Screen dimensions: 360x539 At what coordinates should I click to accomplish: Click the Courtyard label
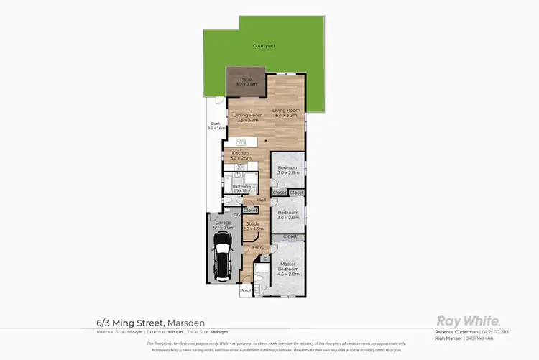click(264, 45)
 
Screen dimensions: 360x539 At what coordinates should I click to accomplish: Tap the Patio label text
click(245, 81)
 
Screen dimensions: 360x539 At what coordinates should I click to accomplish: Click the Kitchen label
click(239, 155)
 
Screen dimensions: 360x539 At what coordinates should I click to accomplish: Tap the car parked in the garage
click(224, 256)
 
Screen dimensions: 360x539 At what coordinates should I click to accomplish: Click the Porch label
click(246, 290)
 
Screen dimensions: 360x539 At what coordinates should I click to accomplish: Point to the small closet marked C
click(264, 258)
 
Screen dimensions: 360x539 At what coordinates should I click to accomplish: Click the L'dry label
click(235, 215)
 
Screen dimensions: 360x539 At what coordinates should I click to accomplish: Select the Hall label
click(262, 200)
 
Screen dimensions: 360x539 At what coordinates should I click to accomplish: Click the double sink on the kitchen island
click(241, 142)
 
